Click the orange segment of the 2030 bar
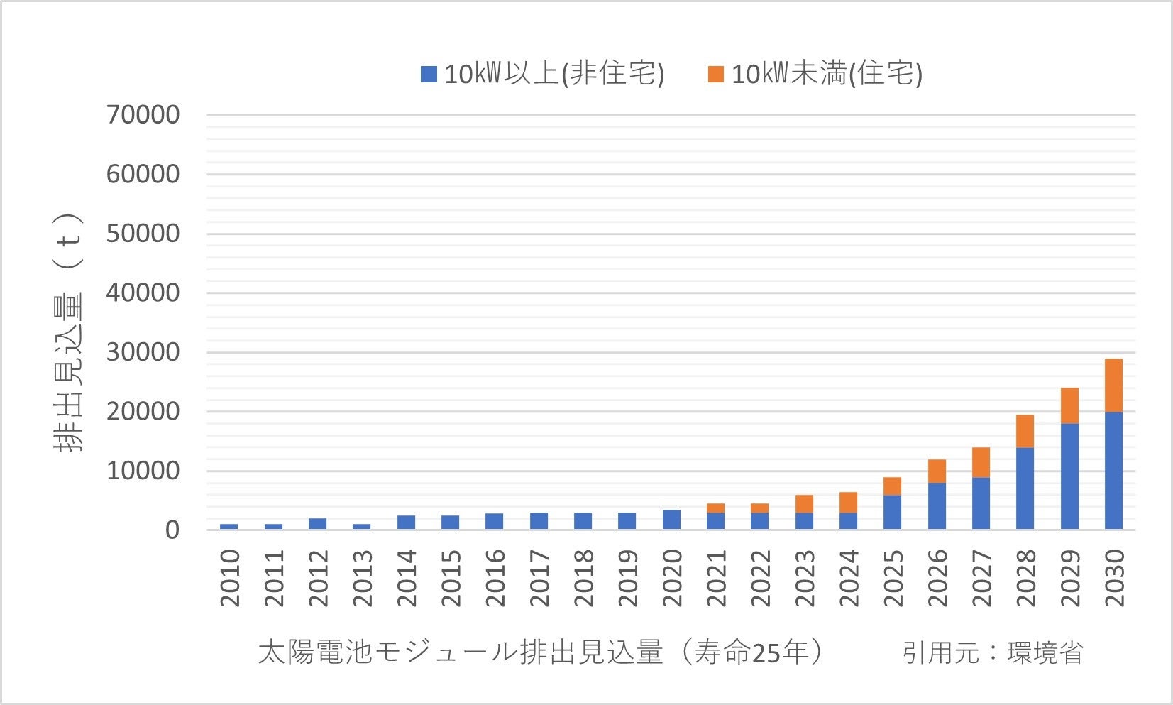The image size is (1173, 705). coord(1113,386)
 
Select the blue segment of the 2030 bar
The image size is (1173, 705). coord(1113,471)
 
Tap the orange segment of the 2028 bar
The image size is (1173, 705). coord(1025,431)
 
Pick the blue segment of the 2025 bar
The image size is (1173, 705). coord(892,512)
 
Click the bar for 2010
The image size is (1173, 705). coord(228,527)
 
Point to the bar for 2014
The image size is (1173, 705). coord(406,523)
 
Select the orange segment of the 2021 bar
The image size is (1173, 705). coord(715,508)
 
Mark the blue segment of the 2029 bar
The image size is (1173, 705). coord(1069,476)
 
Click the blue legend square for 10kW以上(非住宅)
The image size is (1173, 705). coord(429,74)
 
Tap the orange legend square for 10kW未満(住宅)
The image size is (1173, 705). coord(715,74)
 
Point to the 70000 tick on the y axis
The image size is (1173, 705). coord(143,114)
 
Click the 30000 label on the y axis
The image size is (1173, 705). coord(143,351)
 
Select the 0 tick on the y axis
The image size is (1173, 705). coord(172,530)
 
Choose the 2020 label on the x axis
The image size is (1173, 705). coord(671,578)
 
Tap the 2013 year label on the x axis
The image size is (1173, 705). coord(362,578)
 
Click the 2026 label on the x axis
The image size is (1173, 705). coord(937,578)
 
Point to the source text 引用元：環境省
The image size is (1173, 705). coord(992,652)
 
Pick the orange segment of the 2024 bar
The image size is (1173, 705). coord(848,503)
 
